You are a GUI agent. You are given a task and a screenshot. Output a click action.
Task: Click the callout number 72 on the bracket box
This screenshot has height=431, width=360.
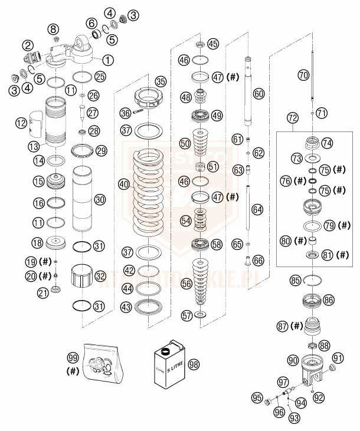tap(292, 119)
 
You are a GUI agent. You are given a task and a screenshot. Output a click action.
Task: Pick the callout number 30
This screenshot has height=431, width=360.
tap(100, 200)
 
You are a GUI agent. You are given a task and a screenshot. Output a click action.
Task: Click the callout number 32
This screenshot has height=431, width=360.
tap(100, 275)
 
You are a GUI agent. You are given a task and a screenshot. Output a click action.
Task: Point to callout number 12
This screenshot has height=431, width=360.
tap(22, 123)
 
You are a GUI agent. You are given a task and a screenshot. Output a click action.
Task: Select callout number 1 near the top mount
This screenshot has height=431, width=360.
tap(108, 59)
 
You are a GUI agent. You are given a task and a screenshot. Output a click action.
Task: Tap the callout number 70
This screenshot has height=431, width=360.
tap(304, 75)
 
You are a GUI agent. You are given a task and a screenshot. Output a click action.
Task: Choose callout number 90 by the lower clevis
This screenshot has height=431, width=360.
tap(292, 360)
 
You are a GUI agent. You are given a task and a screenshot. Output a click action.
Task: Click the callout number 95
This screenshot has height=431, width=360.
tap(257, 397)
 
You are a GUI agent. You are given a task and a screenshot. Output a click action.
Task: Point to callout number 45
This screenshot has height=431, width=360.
tap(212, 43)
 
